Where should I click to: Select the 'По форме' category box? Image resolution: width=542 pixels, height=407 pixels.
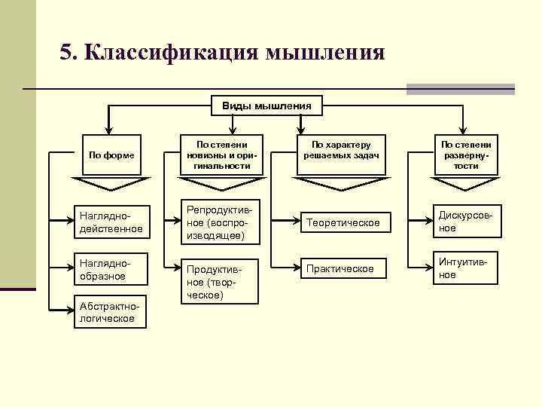click(x=111, y=155)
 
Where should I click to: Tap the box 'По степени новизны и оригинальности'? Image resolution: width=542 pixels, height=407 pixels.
click(x=222, y=155)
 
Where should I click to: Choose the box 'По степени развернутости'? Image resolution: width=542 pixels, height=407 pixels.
click(x=466, y=155)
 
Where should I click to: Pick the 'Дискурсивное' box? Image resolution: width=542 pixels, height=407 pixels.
click(x=466, y=222)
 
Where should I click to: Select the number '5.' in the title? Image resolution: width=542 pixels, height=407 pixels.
click(x=69, y=53)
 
